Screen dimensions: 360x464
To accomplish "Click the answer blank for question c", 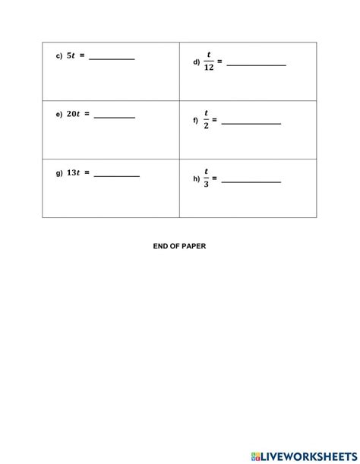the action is pyautogui.click(x=112, y=58).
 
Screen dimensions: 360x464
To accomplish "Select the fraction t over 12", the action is pyautogui.click(x=208, y=62).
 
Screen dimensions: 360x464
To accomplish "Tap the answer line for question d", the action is pyautogui.click(x=256, y=65).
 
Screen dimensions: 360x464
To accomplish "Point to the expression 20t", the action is pyautogui.click(x=74, y=114).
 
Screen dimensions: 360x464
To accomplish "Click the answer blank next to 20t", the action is pyautogui.click(x=115, y=117).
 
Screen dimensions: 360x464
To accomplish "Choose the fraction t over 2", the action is pyautogui.click(x=206, y=121).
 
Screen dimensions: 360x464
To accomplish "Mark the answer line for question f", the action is pyautogui.click(x=251, y=123).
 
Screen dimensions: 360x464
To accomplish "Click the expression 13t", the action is pyautogui.click(x=74, y=172).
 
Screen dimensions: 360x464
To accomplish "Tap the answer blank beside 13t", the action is pyautogui.click(x=117, y=175).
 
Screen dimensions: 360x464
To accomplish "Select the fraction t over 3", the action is pyautogui.click(x=206, y=179).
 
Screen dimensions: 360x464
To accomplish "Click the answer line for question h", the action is pyautogui.click(x=251, y=181).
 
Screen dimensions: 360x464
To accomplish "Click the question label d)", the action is pyautogui.click(x=196, y=63).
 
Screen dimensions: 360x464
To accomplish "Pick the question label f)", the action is pyautogui.click(x=195, y=121).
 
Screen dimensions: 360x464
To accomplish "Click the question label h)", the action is pyautogui.click(x=196, y=180).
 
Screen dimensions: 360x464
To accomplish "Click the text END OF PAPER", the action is pyautogui.click(x=180, y=246).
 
